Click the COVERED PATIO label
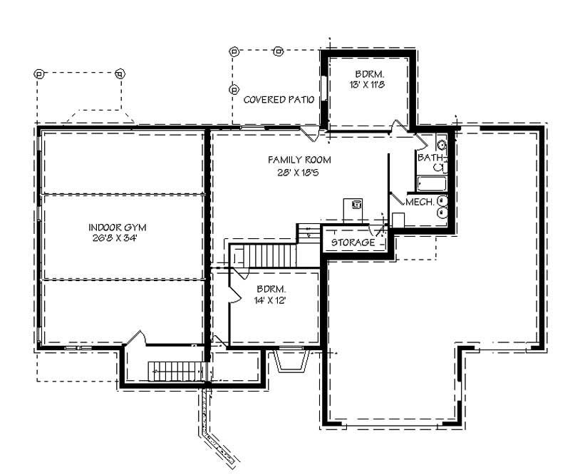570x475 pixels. pos(279,100)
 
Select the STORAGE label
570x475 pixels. pos(353,242)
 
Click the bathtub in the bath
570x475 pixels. pos(432,184)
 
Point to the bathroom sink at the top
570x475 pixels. pos(441,145)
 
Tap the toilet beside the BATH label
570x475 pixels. pos(440,168)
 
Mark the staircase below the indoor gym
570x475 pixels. pos(176,371)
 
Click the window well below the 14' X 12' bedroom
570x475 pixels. pos(290,362)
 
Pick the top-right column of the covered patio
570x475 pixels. pos(279,51)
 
